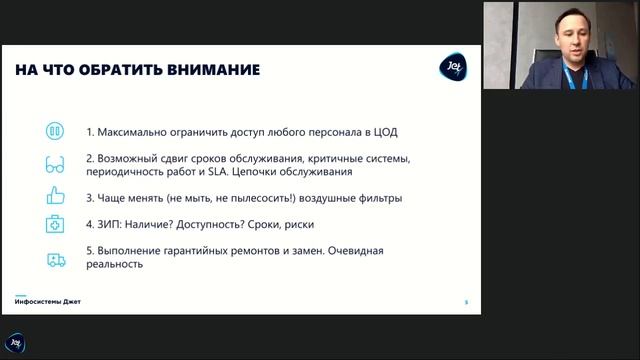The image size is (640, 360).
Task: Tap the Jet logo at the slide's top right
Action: [x=451, y=69]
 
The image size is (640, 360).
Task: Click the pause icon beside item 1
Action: [x=55, y=132]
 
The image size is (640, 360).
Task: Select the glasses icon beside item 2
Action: [x=55, y=165]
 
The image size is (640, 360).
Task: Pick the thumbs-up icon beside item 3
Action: [x=55, y=197]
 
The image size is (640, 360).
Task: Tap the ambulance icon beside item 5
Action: [x=55, y=259]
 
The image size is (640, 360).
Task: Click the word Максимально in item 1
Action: [x=131, y=132]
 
